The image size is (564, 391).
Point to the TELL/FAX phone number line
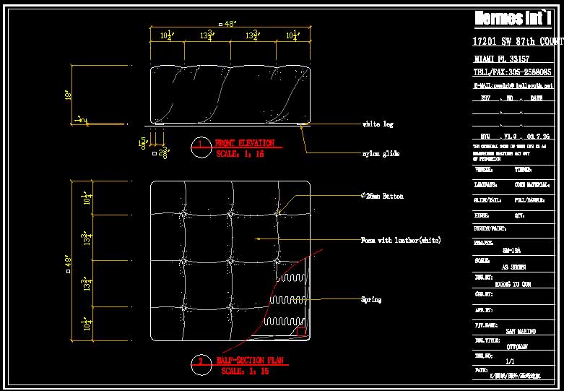point(512,72)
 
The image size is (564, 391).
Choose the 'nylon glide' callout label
point(381,153)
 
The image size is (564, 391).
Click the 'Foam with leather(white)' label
point(400,239)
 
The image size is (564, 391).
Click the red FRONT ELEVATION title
point(244,143)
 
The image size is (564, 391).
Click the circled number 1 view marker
point(201,145)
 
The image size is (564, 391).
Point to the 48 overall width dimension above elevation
point(229,24)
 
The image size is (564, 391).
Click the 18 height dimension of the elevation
point(67,95)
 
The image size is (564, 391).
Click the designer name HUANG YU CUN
point(512,284)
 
